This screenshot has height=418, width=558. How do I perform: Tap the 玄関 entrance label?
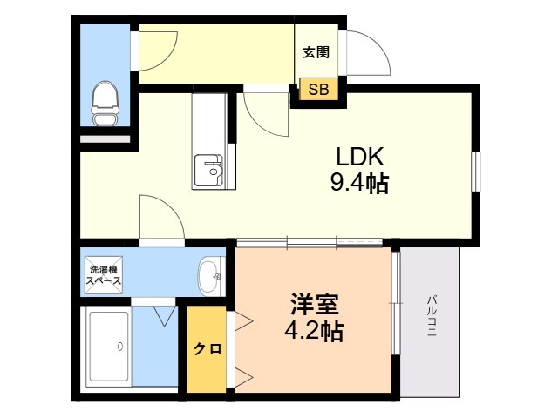coord(316,52)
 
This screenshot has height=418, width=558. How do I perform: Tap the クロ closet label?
coord(207,348)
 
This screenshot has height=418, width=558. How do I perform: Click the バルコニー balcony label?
coord(431,322)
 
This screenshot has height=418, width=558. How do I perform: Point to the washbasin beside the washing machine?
coord(209,276)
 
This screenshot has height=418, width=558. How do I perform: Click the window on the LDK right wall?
coord(475,171)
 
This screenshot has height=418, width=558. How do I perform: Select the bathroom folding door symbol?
coord(162,314)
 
